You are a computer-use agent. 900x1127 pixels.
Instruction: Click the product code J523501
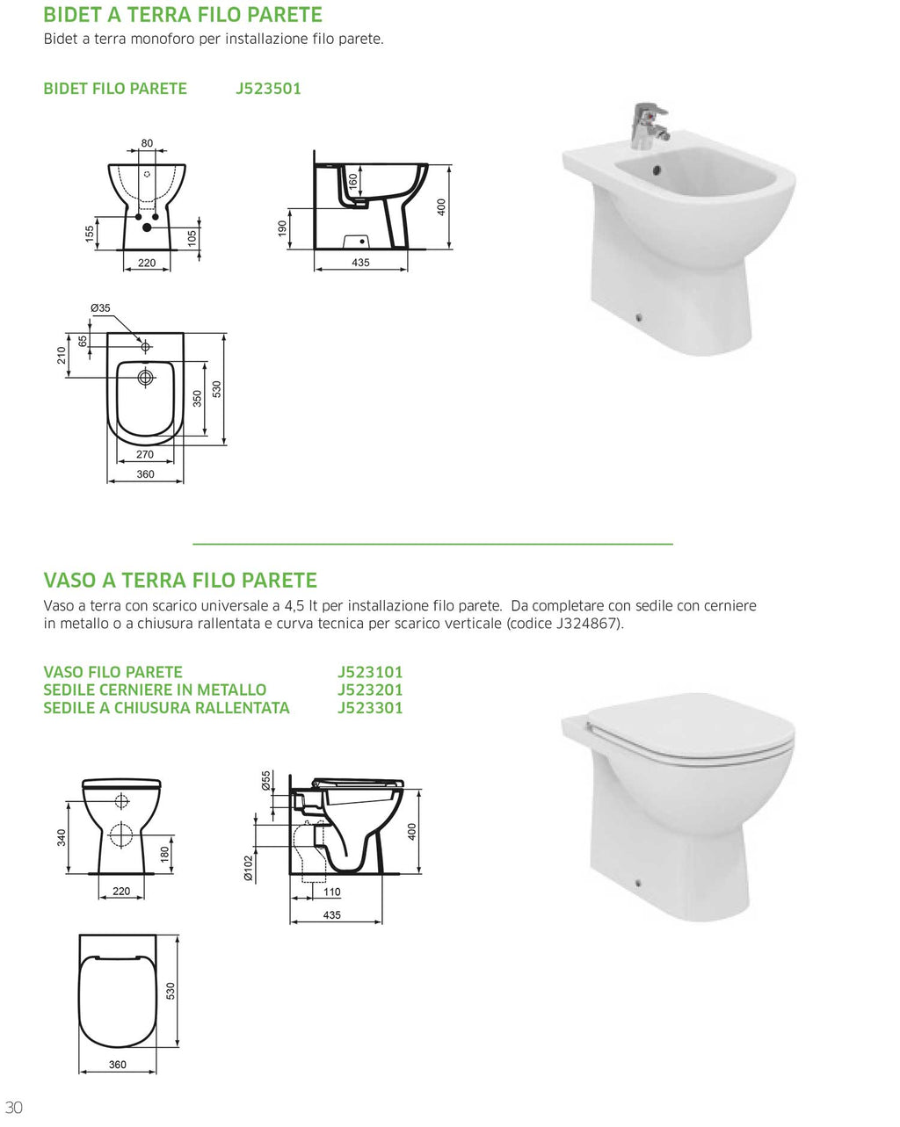click(x=268, y=89)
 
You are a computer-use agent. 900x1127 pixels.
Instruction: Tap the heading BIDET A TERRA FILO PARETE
click(x=183, y=15)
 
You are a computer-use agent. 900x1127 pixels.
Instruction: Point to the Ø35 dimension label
click(x=101, y=308)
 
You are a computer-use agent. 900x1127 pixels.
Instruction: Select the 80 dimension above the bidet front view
click(x=147, y=143)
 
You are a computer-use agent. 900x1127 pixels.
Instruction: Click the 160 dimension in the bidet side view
click(x=353, y=182)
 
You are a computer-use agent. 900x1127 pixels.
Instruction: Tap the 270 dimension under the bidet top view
click(x=145, y=454)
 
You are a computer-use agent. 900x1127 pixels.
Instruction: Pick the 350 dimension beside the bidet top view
click(x=198, y=398)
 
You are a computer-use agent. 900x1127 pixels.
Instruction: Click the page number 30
click(x=13, y=1107)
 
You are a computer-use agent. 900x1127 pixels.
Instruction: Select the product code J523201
click(x=370, y=690)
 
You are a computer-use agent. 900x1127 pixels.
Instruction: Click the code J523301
click(x=370, y=708)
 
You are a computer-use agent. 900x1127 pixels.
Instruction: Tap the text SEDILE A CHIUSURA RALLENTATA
click(x=166, y=708)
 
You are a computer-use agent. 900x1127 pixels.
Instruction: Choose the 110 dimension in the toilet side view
click(x=331, y=892)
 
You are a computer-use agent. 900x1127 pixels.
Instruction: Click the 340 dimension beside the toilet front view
click(x=62, y=837)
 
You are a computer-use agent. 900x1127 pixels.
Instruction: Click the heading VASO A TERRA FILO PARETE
click(x=180, y=581)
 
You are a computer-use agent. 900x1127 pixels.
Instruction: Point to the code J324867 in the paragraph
click(x=588, y=624)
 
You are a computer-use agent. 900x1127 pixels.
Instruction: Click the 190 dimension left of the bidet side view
click(x=282, y=228)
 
